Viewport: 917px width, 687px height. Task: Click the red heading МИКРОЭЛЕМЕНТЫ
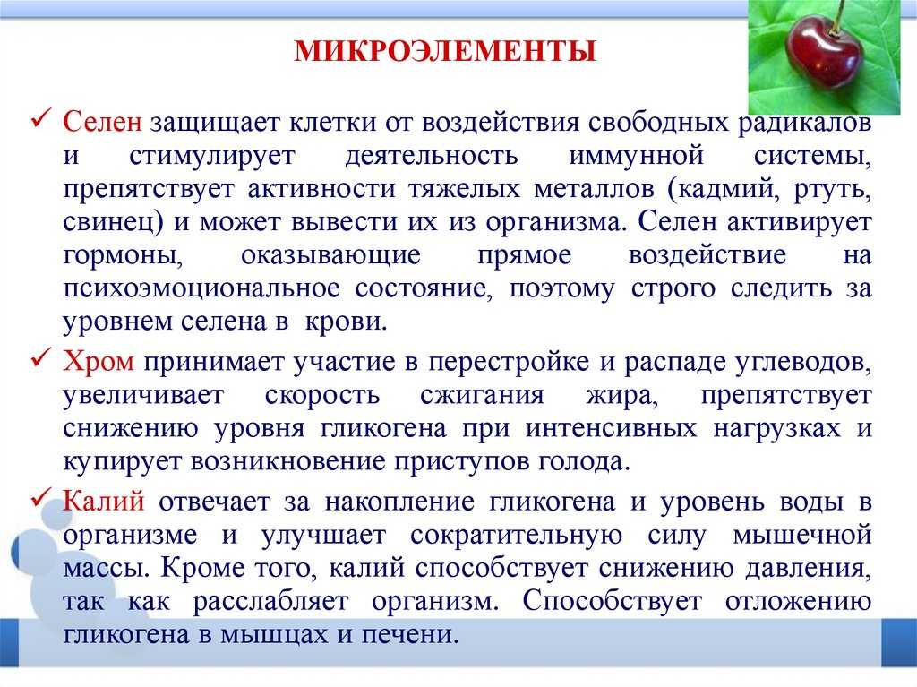click(x=445, y=51)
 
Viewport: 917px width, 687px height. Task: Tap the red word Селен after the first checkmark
click(x=102, y=123)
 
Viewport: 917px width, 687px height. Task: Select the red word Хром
click(x=99, y=362)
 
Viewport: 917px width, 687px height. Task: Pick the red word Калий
click(x=104, y=502)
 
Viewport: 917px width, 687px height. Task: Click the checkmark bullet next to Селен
click(x=42, y=120)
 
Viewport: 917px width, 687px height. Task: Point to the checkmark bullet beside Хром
click(x=42, y=359)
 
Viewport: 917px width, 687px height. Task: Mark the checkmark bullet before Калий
click(x=42, y=499)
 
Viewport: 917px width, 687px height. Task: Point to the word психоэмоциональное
click(x=201, y=289)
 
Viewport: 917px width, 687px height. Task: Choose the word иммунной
click(x=636, y=156)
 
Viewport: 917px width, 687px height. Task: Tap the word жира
click(x=621, y=397)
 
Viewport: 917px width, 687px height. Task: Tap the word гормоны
click(x=123, y=256)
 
